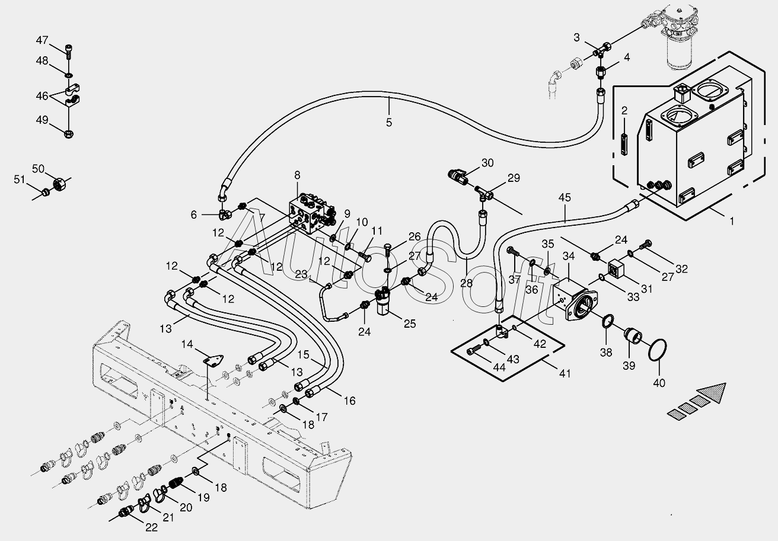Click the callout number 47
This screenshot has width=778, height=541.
pos(42,40)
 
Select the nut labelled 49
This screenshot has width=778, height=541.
pos(69,133)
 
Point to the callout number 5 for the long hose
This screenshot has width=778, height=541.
pos(389,122)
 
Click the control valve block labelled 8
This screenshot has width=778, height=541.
pos(311,212)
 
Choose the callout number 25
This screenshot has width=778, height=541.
pos(410,324)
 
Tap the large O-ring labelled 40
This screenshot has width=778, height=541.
pos(657,350)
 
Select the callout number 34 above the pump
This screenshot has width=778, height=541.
pos(569,256)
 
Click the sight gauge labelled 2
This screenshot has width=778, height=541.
pos(624,145)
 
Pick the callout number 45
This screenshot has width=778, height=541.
pos(565,197)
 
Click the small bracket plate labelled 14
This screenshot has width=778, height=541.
pos(212,360)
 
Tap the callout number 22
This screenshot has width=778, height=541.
pos(151,527)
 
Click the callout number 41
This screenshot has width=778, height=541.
pos(565,373)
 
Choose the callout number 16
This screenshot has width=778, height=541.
pos(350,401)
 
